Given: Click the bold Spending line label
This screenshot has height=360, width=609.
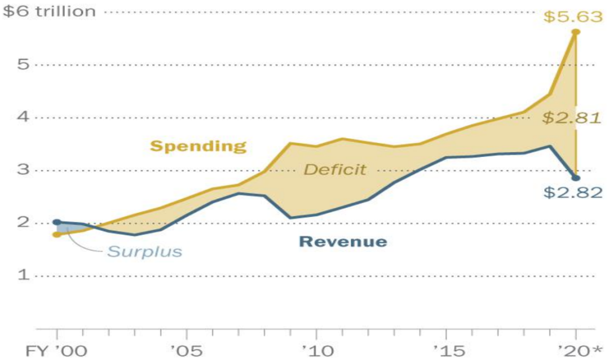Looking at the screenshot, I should (198, 147).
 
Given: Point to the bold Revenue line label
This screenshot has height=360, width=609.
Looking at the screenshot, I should (343, 242).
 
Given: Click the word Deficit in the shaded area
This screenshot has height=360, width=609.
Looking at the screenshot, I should (335, 169).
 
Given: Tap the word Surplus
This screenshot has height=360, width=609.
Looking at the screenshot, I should (145, 251).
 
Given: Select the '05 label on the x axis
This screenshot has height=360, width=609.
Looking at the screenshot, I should (187, 350).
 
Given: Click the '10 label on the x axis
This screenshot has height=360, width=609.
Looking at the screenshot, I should (316, 350).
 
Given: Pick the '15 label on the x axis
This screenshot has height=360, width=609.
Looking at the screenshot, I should (446, 350).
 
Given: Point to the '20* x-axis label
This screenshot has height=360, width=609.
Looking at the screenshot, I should (579, 350).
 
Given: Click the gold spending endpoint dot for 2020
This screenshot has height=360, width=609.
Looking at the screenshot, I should (576, 32).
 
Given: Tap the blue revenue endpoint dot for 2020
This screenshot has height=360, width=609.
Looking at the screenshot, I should (576, 178).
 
